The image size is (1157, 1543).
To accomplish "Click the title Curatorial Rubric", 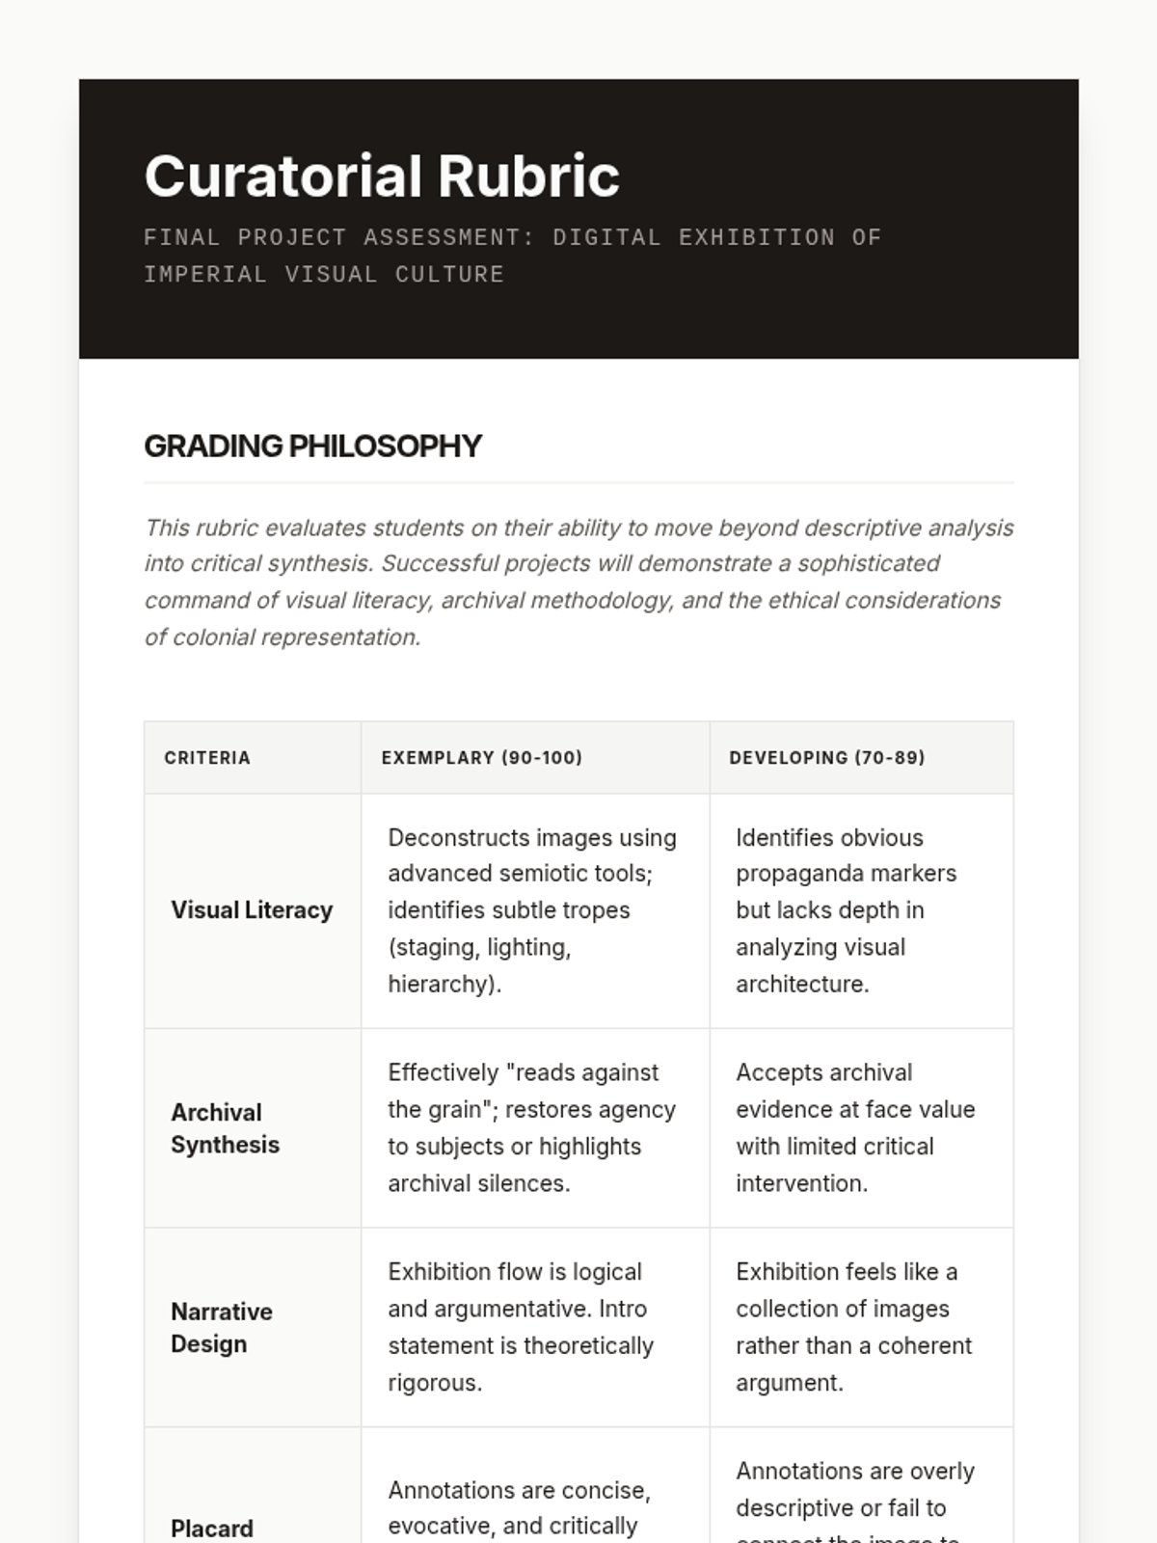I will coord(382,176).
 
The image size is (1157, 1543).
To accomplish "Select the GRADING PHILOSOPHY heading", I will coord(312,446).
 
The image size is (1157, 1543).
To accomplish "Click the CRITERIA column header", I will coord(207,758).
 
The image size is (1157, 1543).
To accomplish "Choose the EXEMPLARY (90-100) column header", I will coord(482,758).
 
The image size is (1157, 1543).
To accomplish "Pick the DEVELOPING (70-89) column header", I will coord(827,758).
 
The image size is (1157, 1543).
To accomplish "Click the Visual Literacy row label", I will coord(252,910).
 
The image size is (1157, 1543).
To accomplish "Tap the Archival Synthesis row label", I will coord(225,1128).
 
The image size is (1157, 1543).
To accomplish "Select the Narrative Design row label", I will coord(222,1328).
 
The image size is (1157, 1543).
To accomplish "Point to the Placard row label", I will coord(212,1529).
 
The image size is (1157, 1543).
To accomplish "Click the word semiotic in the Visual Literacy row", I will coord(560,874).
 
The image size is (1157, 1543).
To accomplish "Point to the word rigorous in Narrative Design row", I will coord(434,1383).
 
